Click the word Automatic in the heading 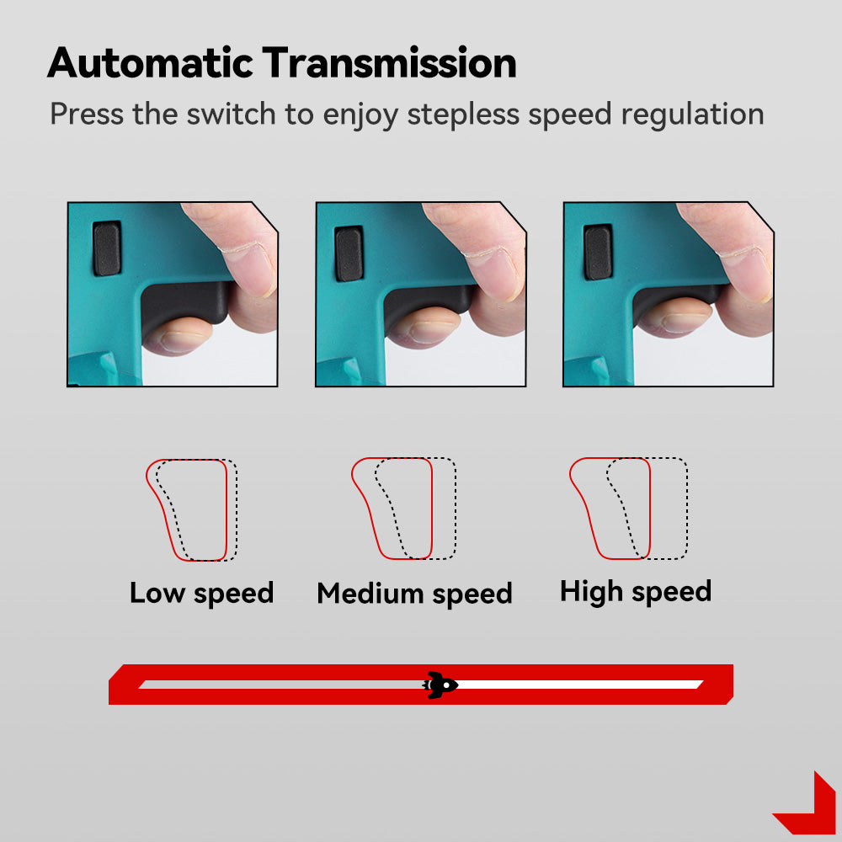150,63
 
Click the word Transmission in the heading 389,63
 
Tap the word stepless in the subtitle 463,115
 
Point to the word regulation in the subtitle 692,115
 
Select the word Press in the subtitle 87,114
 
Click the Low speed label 202,594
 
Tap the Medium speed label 414,594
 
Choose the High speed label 636,592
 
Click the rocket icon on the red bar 440,685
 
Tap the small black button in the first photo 107,248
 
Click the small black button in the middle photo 349,253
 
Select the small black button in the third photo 598,252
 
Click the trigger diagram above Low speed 192,509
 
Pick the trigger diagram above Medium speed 404,509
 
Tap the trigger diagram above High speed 628,509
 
